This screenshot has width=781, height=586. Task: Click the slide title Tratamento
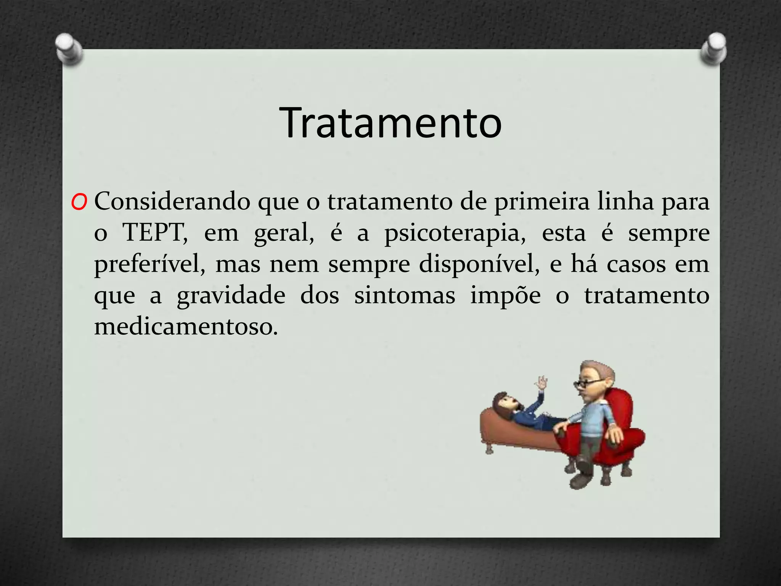(390, 123)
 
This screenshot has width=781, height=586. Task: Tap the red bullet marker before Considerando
(79, 202)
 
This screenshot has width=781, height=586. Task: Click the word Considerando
(172, 201)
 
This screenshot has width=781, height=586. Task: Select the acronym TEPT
(154, 232)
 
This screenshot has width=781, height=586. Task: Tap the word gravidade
(231, 296)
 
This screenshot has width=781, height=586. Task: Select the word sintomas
(405, 296)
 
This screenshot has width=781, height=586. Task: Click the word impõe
(505, 296)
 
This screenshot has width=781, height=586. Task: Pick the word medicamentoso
(186, 327)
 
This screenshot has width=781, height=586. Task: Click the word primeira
(542, 202)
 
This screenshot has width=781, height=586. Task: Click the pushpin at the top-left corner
(69, 48)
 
